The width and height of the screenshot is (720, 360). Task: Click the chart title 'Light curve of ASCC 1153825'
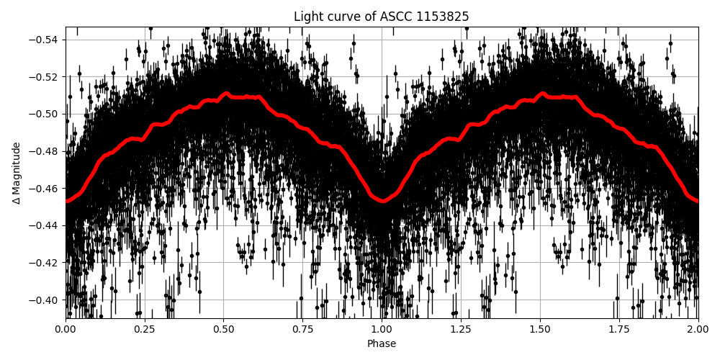coord(382,17)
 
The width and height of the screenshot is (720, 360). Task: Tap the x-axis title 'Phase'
coord(382,344)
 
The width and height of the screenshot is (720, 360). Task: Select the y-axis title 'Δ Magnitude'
coord(17,173)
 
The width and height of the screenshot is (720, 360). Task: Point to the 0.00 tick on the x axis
coord(66,330)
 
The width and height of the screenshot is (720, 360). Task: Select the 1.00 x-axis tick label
coord(382,330)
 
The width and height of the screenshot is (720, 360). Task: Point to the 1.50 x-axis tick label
coord(540,330)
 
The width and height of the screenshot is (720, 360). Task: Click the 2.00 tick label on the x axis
coord(698,330)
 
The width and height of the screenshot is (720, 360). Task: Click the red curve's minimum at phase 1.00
coord(382,201)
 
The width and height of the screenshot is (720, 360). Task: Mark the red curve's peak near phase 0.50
coord(226,94)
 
